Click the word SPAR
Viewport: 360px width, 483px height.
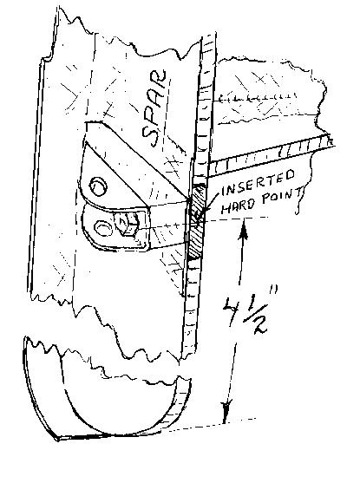[x=154, y=108]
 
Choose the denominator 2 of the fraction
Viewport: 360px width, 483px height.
[x=259, y=324]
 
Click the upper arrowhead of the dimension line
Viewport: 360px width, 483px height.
[x=244, y=232]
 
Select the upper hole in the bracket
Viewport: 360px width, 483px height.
[x=98, y=186]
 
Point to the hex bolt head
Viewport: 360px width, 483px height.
[x=127, y=225]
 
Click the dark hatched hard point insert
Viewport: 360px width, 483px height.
[x=196, y=220]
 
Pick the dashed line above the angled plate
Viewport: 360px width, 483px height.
[x=258, y=99]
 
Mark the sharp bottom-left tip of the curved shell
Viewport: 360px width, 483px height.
[x=57, y=439]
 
